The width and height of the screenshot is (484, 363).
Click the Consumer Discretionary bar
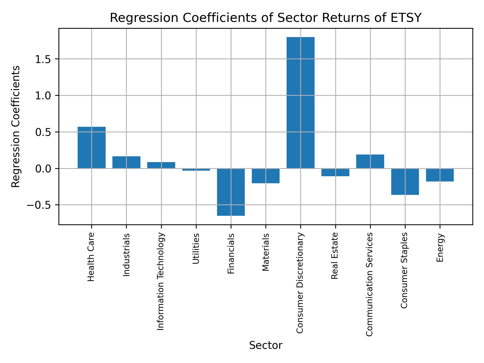tap(300, 103)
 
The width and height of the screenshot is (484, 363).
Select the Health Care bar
tap(92, 147)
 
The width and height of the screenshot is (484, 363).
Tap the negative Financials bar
tap(231, 192)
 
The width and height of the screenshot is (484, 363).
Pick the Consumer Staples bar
tap(405, 181)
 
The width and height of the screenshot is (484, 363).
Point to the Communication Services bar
tap(370, 161)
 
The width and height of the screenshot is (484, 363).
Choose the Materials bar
tap(266, 176)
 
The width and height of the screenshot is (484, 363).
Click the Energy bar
tap(440, 175)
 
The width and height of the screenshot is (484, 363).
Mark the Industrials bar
tap(126, 162)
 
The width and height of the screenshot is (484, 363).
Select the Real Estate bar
tap(335, 172)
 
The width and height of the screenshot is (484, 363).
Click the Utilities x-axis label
tap(196, 248)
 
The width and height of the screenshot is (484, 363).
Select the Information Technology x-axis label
tap(161, 281)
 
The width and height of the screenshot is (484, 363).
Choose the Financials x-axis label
tap(231, 253)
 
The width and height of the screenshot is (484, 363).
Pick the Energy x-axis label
tap(440, 248)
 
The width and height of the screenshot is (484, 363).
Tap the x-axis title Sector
tap(266, 345)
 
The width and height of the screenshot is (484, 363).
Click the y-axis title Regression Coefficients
tap(16, 127)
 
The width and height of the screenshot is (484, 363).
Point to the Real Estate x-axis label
tap(335, 256)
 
